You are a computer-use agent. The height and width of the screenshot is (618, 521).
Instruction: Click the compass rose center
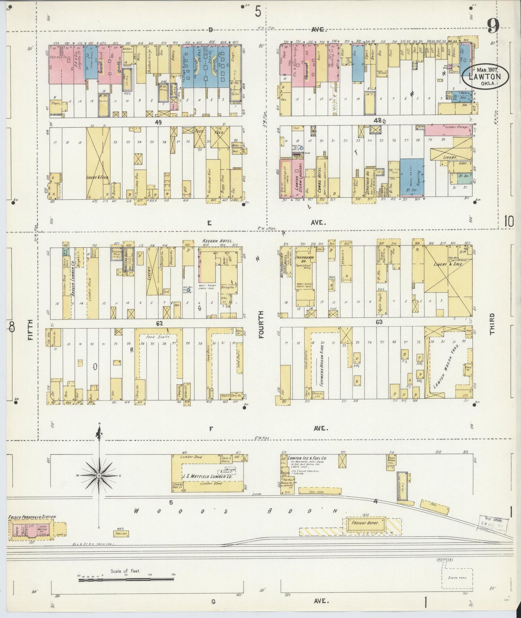click(98, 476)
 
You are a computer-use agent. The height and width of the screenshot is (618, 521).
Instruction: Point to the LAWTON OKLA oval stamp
click(486, 76)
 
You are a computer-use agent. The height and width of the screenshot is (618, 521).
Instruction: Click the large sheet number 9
click(493, 26)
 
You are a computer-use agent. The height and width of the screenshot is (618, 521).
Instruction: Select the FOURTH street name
click(261, 324)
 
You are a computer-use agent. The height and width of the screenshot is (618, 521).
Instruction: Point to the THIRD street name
click(492, 324)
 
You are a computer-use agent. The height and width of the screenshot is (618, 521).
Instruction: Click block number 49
click(158, 122)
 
